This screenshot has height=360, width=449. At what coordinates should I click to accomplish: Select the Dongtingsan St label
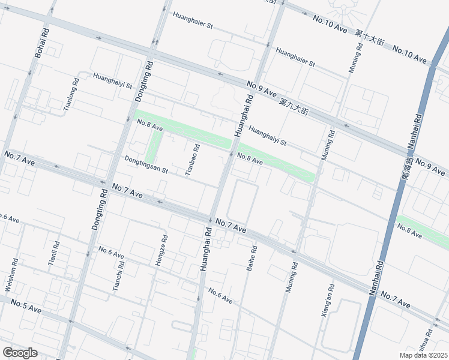coord(146,166)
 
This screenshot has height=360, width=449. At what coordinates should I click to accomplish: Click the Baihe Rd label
coord(252,258)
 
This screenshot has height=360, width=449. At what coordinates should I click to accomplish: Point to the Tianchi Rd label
coord(118,276)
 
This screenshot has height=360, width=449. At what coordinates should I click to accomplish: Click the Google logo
coord(20,353)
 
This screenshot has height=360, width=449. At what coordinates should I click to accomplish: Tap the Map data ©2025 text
coord(423,355)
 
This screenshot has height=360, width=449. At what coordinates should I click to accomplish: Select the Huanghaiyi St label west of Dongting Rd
coord(112,80)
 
